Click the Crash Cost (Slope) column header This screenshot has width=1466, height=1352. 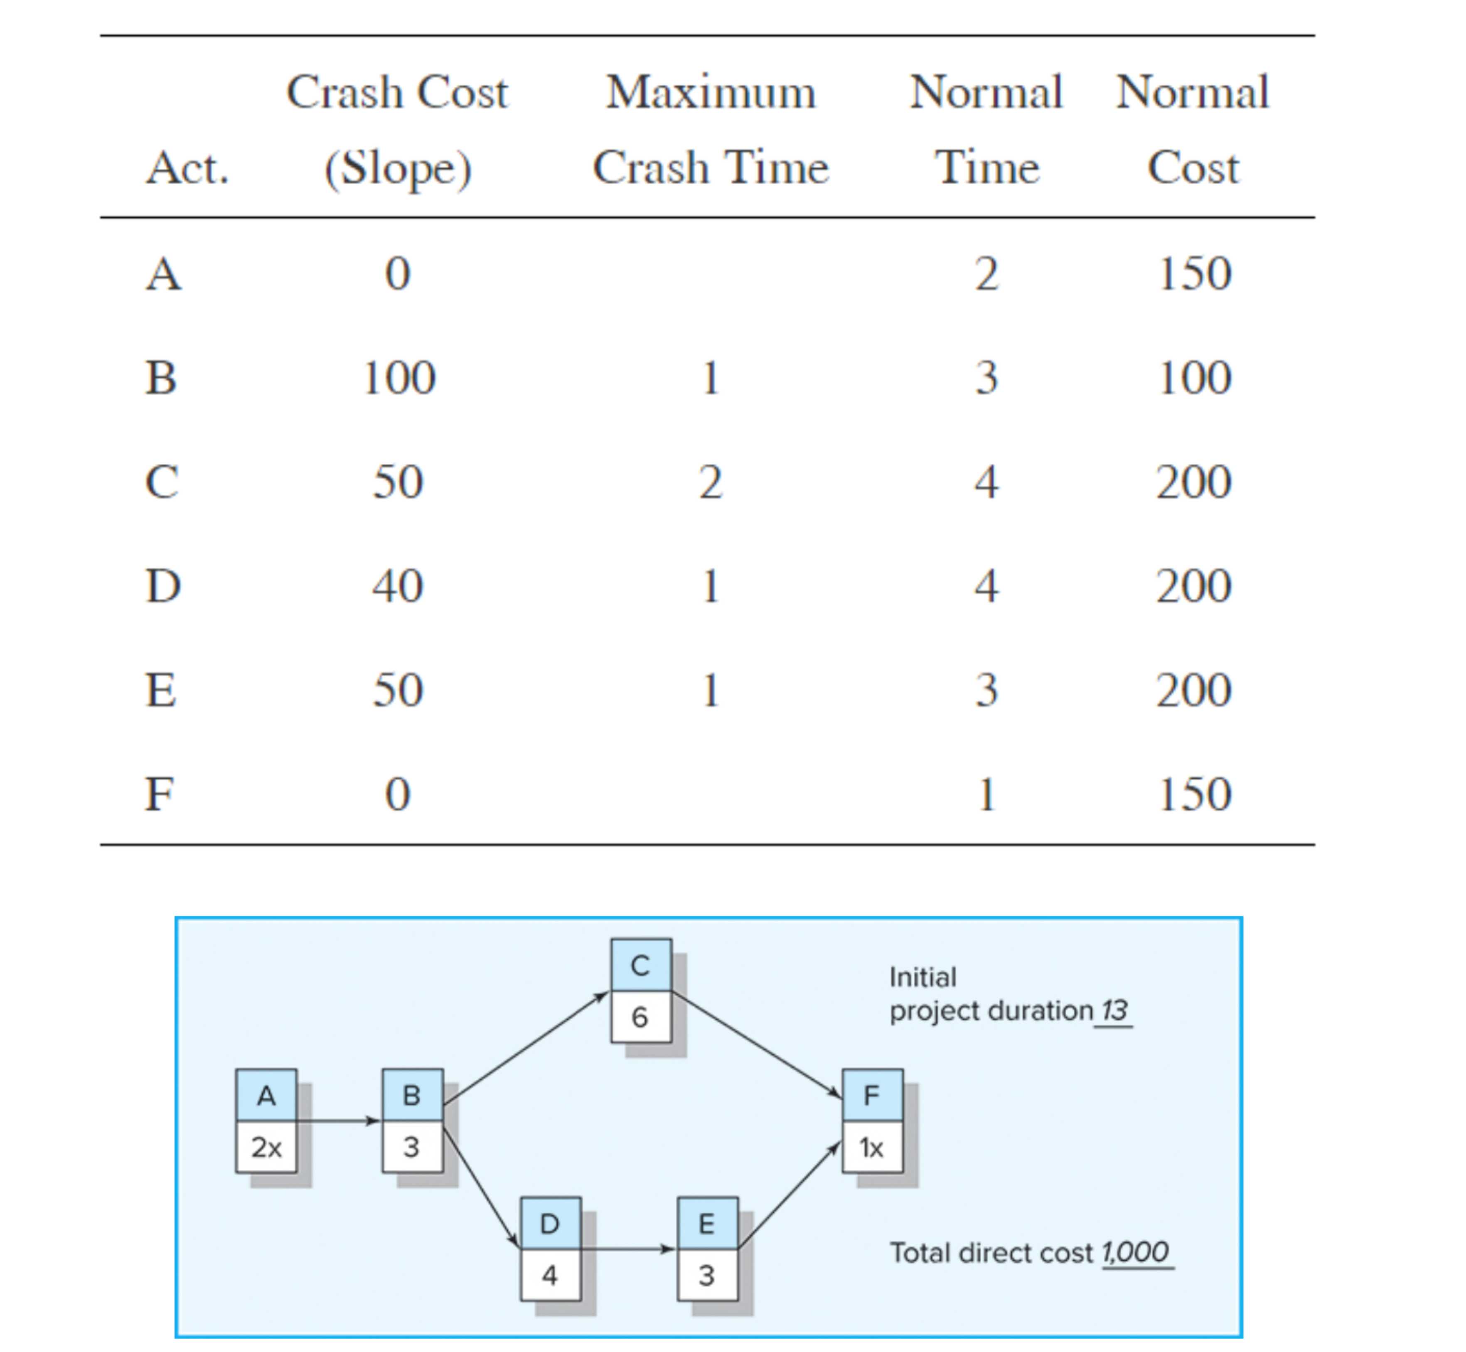[x=397, y=130]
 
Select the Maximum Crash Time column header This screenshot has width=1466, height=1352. [x=710, y=130]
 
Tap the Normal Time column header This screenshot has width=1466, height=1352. [x=986, y=130]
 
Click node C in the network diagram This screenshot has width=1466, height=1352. [x=641, y=966]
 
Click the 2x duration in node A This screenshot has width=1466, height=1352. [x=266, y=1147]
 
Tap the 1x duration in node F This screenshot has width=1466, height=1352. [x=872, y=1147]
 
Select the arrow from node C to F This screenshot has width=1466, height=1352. [x=757, y=1045]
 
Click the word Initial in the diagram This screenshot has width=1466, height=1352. [x=922, y=977]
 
